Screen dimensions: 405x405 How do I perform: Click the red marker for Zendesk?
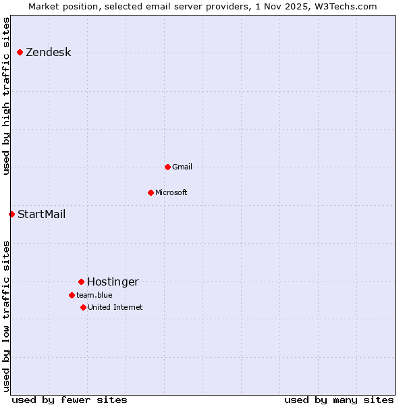20,52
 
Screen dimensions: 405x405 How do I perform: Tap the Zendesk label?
48,53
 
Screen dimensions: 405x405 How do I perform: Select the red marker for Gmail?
167,167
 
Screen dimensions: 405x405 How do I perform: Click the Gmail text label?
182,167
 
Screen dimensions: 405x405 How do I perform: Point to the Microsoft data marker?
151,192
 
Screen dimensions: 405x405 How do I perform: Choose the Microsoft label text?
171,193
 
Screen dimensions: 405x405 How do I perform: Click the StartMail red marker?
11,214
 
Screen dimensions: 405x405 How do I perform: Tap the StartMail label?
41,215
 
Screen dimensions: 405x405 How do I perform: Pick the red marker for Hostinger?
81,281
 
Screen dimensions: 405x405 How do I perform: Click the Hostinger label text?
113,282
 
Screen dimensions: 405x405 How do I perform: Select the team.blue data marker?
72,295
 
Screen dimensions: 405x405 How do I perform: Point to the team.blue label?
94,295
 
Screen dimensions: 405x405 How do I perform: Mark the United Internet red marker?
83,307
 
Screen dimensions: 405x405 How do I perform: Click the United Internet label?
115,308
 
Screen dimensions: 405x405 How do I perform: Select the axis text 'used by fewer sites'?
69,400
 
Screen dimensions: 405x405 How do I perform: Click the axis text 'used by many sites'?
339,400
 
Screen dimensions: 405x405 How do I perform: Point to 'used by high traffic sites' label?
6,96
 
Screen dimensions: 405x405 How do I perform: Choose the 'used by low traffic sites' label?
6,315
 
